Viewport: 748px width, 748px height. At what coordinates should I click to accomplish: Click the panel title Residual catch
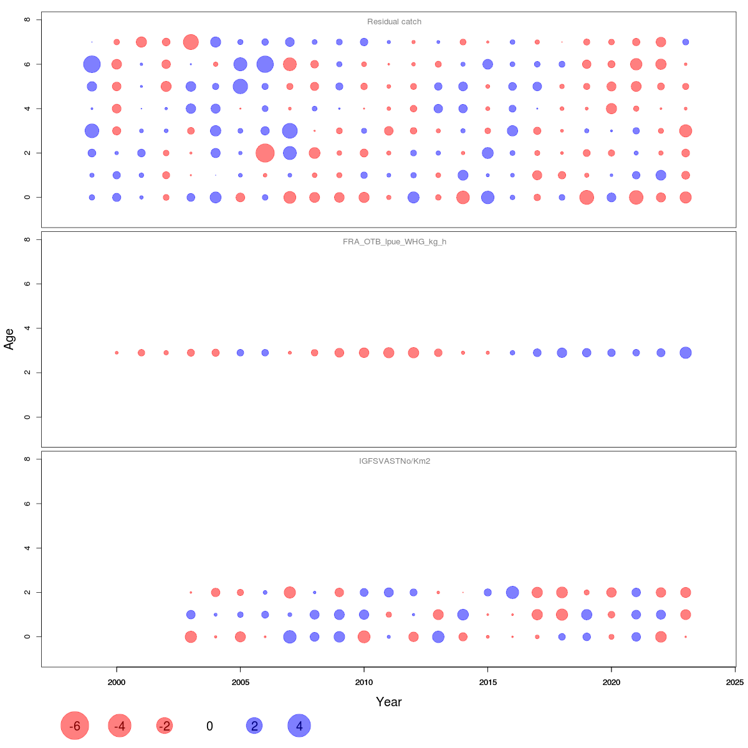[x=394, y=22]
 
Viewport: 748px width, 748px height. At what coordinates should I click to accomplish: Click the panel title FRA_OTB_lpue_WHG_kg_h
[x=394, y=242]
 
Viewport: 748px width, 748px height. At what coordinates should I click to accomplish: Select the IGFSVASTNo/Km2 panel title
[x=394, y=462]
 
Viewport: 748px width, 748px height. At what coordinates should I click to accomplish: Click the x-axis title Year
[x=388, y=702]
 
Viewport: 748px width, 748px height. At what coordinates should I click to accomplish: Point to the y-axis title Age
[x=9, y=338]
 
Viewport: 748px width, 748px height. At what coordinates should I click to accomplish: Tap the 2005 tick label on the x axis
[x=240, y=683]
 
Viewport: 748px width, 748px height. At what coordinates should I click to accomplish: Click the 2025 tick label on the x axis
[x=735, y=683]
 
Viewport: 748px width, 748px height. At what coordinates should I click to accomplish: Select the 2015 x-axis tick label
[x=487, y=683]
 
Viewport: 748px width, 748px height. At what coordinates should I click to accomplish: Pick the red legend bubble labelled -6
[x=75, y=726]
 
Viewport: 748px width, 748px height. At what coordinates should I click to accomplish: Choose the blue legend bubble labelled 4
[x=299, y=726]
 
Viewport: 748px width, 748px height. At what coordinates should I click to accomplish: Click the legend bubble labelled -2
[x=165, y=726]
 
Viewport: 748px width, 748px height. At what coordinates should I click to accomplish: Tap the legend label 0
[x=209, y=726]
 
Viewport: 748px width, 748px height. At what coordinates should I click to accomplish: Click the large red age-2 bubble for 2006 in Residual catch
[x=265, y=153]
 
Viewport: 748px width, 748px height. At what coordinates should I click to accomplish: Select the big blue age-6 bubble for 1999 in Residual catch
[x=92, y=64]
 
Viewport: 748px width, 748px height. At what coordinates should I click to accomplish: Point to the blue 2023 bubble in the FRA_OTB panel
[x=686, y=353]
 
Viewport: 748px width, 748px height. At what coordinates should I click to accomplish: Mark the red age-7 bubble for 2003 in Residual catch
[x=191, y=42]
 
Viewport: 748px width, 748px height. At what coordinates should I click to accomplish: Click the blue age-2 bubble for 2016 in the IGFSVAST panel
[x=512, y=592]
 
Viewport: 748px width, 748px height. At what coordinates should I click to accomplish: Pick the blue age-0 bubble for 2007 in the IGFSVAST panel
[x=290, y=636]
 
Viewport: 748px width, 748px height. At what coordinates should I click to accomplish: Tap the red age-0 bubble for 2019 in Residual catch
[x=587, y=198]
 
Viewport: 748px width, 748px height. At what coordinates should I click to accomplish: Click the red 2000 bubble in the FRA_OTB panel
[x=117, y=353]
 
